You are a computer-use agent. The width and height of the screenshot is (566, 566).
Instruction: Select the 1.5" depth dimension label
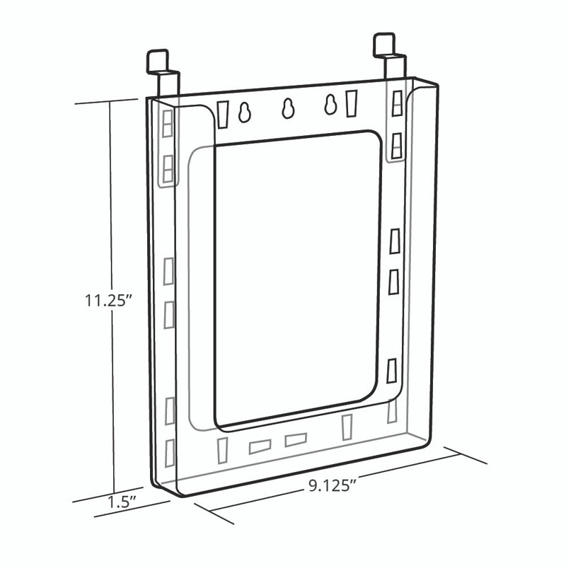click(122, 502)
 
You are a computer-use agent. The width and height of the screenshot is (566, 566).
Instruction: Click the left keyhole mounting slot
click(244, 112)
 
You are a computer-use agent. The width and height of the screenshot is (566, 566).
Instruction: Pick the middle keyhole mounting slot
click(288, 108)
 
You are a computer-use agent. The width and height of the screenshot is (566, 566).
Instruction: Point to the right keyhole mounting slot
click(330, 105)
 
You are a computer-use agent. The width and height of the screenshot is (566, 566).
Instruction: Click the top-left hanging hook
click(163, 73)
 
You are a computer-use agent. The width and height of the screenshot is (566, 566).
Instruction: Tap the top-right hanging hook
click(391, 55)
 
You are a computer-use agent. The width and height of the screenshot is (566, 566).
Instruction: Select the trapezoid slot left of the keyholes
click(224, 115)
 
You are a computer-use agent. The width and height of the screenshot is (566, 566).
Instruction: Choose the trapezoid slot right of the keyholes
click(352, 103)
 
